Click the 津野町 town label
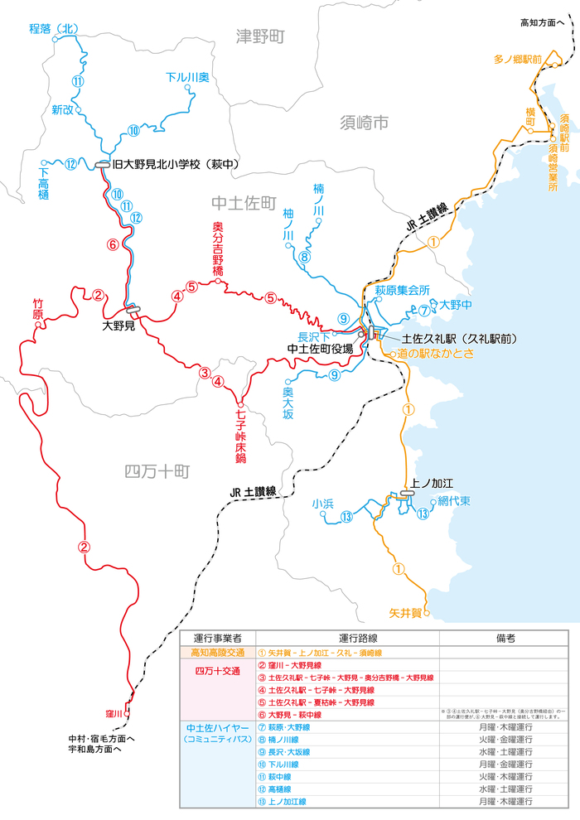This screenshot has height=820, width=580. [x=260, y=36]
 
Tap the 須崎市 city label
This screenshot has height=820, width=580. [x=364, y=123]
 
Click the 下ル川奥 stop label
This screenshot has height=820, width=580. [x=188, y=77]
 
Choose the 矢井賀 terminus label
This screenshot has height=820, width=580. [x=405, y=614]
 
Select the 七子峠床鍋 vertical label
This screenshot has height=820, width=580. [x=240, y=432]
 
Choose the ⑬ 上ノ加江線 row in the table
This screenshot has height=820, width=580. [x=283, y=802]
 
